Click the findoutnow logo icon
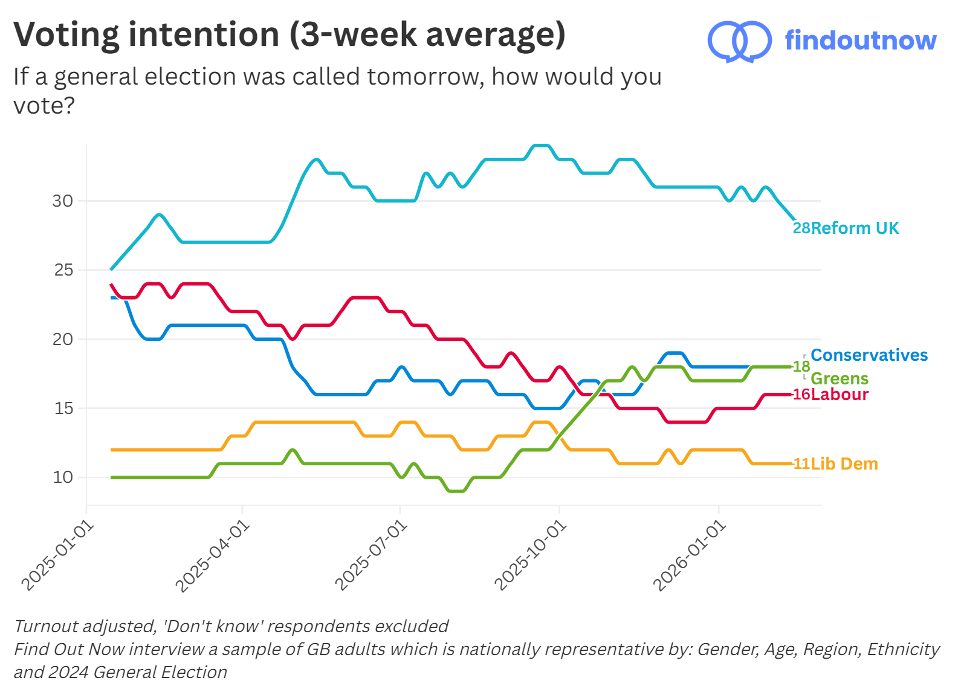pos(739,41)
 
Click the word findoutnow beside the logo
pos(860,40)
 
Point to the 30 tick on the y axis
pos(62,201)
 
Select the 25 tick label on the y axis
pos(63,270)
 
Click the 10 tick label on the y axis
pos(63,477)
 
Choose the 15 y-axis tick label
pos(63,409)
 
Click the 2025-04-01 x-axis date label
pos(212,557)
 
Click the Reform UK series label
pos(855,228)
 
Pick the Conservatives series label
pos(869,355)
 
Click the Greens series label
pos(839,379)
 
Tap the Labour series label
pos(840,395)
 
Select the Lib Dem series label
pos(844,464)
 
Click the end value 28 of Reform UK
pos(801,228)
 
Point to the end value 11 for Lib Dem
pos(801,464)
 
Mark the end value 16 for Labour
pos(801,395)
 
